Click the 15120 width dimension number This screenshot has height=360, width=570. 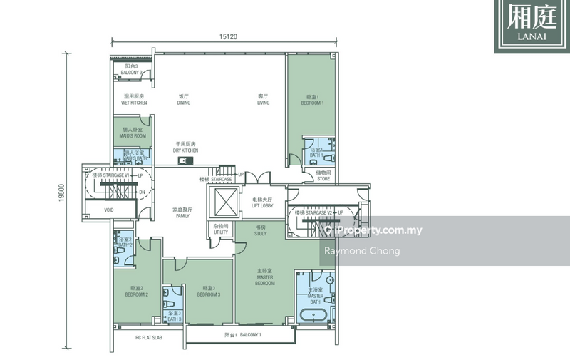[229, 41]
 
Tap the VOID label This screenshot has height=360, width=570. [109, 210]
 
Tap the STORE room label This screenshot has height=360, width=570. [323, 175]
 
